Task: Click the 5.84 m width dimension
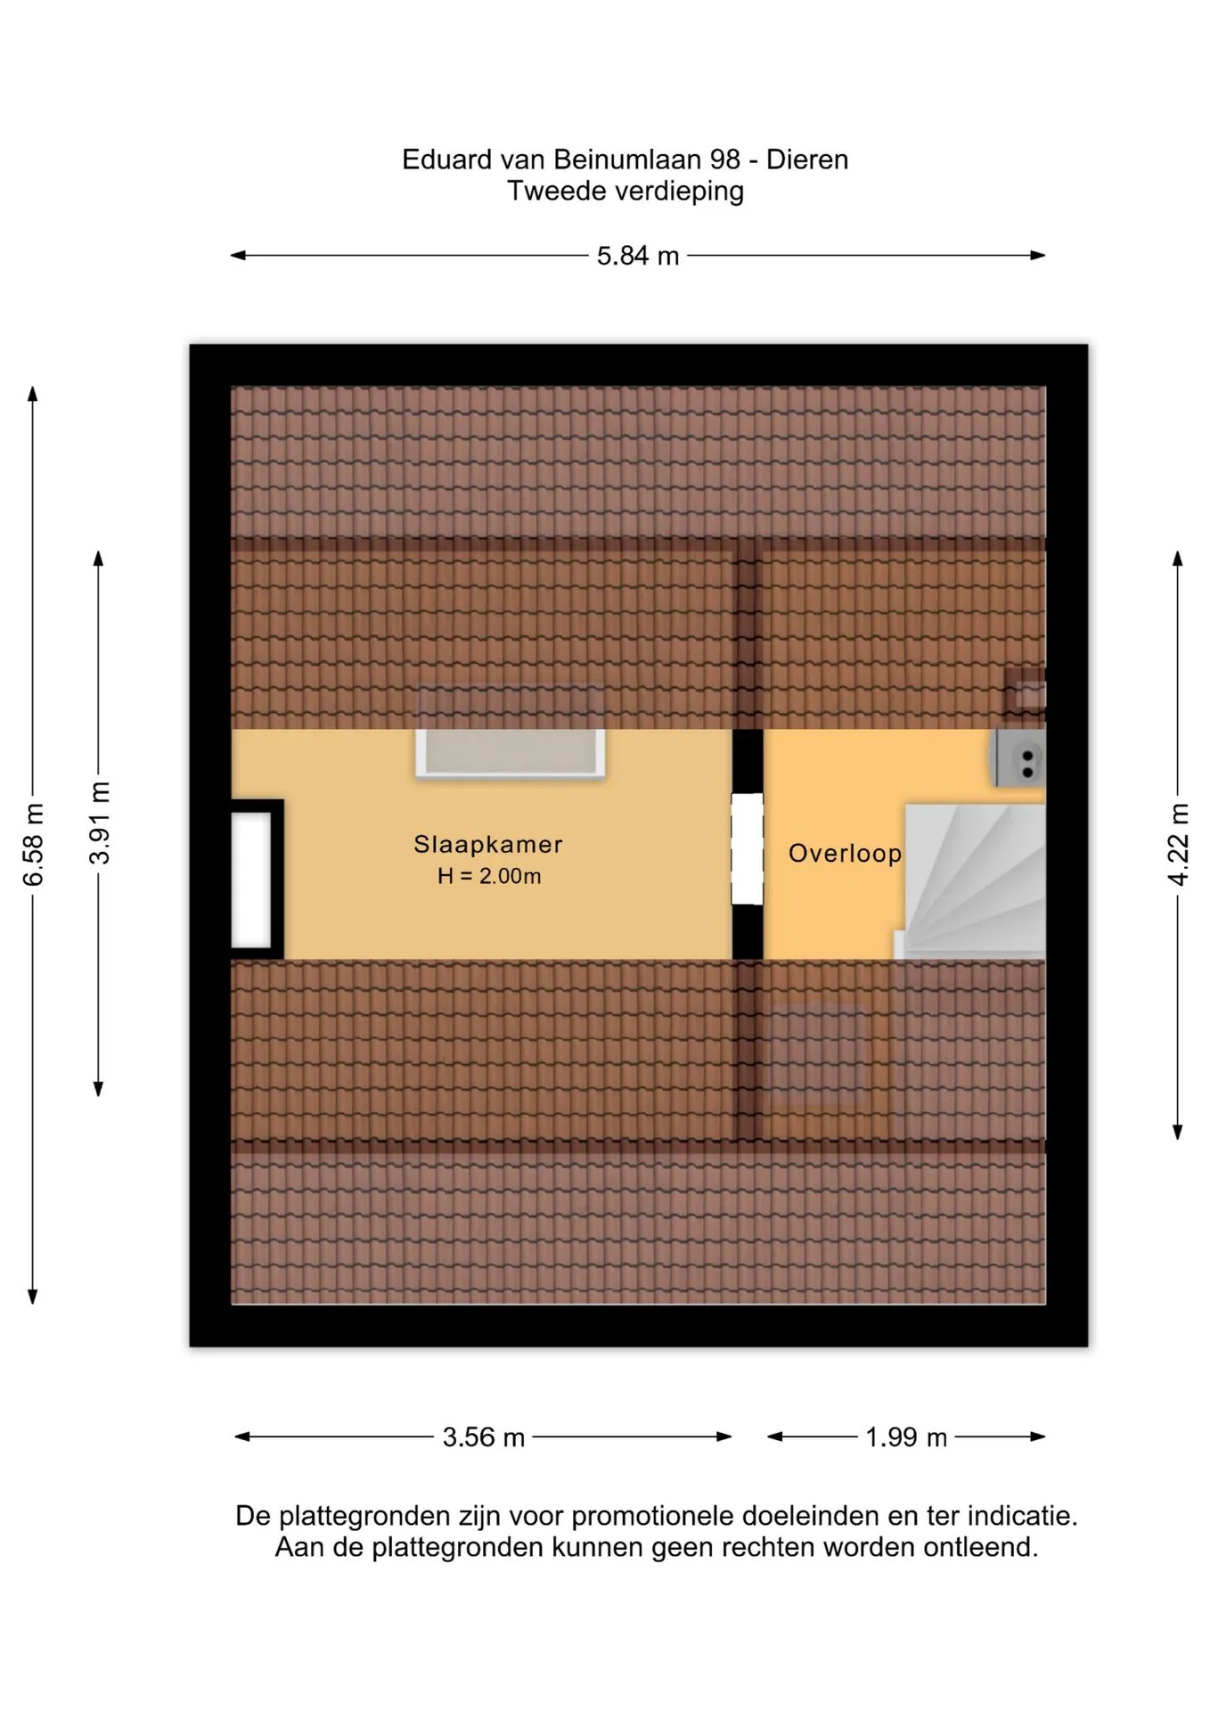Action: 638,256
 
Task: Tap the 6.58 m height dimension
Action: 33,845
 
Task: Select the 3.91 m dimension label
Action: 99,823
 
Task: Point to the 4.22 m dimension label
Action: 1178,845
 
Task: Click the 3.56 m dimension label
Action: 484,1437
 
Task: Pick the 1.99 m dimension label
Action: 906,1437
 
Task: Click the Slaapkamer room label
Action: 488,844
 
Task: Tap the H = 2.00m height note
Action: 489,876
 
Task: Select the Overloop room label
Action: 845,854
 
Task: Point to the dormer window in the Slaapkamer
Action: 511,753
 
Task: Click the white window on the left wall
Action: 251,880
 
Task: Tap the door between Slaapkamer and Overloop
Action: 748,848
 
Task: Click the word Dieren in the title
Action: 807,160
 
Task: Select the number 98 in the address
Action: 725,160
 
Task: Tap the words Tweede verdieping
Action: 625,191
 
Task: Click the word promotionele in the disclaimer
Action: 652,1516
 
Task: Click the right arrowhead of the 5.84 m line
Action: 1039,256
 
